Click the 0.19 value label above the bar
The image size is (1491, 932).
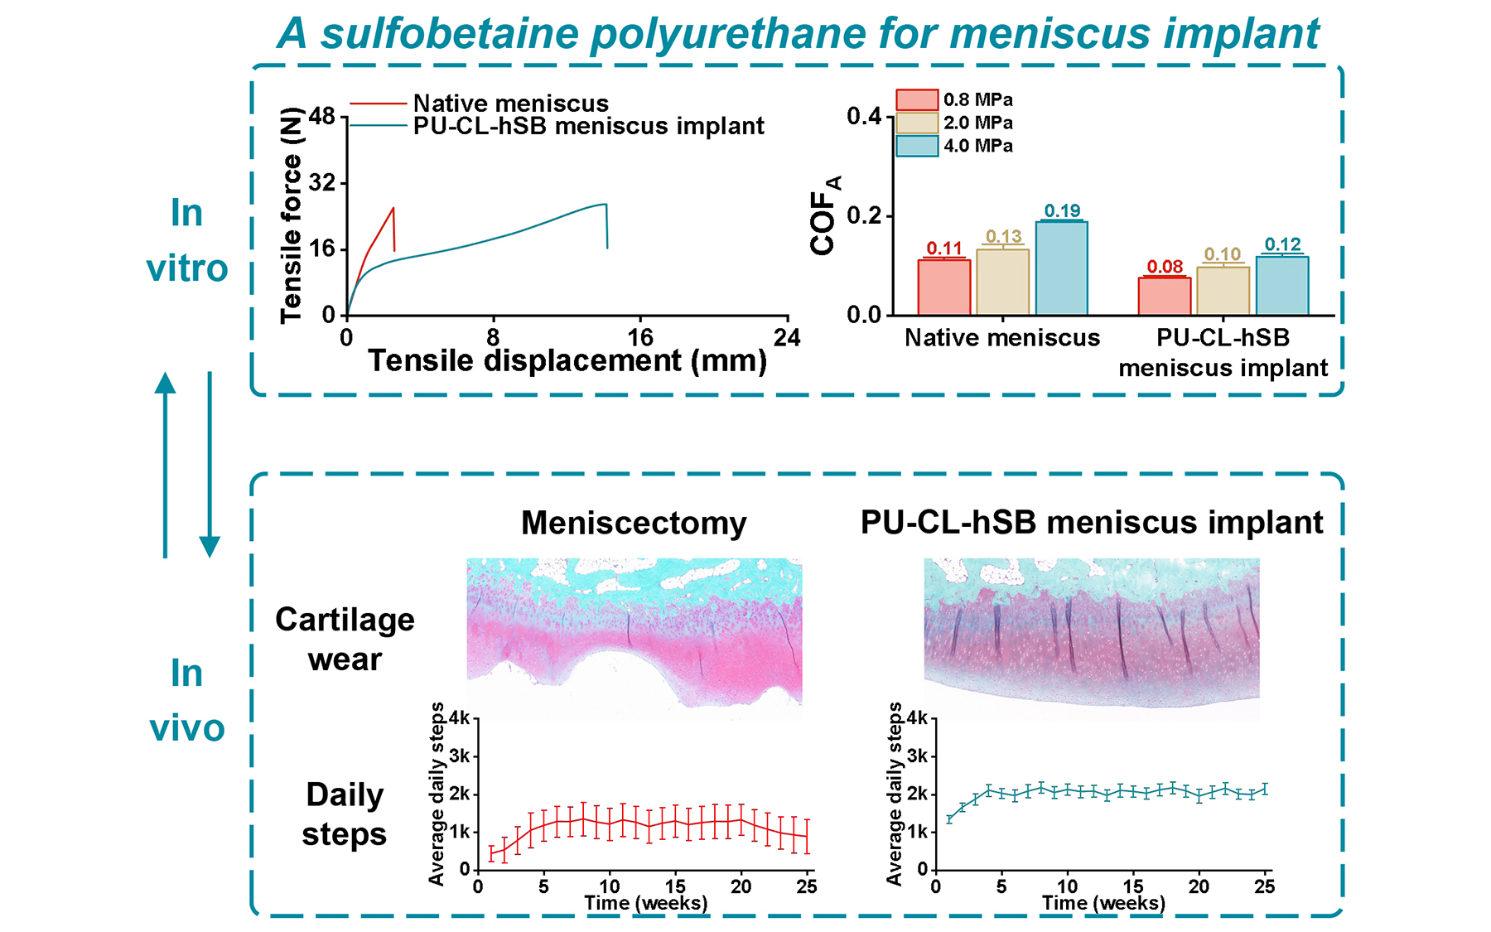pyautogui.click(x=1062, y=210)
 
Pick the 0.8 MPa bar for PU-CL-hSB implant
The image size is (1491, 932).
pyautogui.click(x=1165, y=296)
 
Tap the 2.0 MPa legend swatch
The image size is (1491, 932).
pyautogui.click(x=917, y=123)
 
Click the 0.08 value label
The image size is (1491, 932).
pyautogui.click(x=1165, y=267)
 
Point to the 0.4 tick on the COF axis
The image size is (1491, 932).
pyautogui.click(x=864, y=116)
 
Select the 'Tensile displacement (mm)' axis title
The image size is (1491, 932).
pyautogui.click(x=567, y=361)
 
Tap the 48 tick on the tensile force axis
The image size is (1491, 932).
pyautogui.click(x=321, y=116)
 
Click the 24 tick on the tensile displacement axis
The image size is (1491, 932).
pyautogui.click(x=787, y=337)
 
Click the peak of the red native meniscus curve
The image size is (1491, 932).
pyautogui.click(x=393, y=208)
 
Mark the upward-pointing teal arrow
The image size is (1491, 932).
pyautogui.click(x=166, y=464)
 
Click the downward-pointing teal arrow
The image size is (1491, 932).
pyautogui.click(x=210, y=464)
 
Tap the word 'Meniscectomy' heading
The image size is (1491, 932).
pyautogui.click(x=634, y=524)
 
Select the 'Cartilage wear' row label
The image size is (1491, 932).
pyautogui.click(x=345, y=640)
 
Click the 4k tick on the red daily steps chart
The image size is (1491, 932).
pyautogui.click(x=459, y=718)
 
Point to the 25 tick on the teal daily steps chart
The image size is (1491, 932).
pyautogui.click(x=1264, y=886)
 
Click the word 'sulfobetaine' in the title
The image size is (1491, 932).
pyautogui.click(x=451, y=35)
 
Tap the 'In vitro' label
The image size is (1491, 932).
pyautogui.click(x=187, y=240)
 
